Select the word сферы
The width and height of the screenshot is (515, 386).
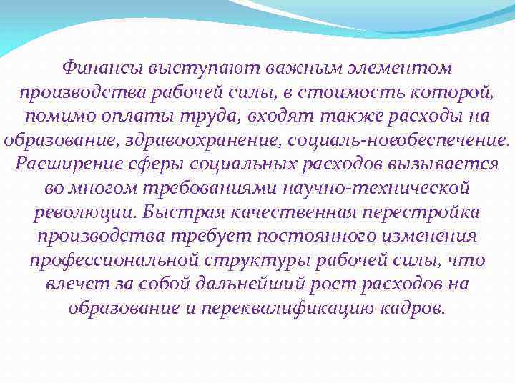[x=154, y=164]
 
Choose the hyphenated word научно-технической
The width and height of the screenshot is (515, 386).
[x=378, y=188]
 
